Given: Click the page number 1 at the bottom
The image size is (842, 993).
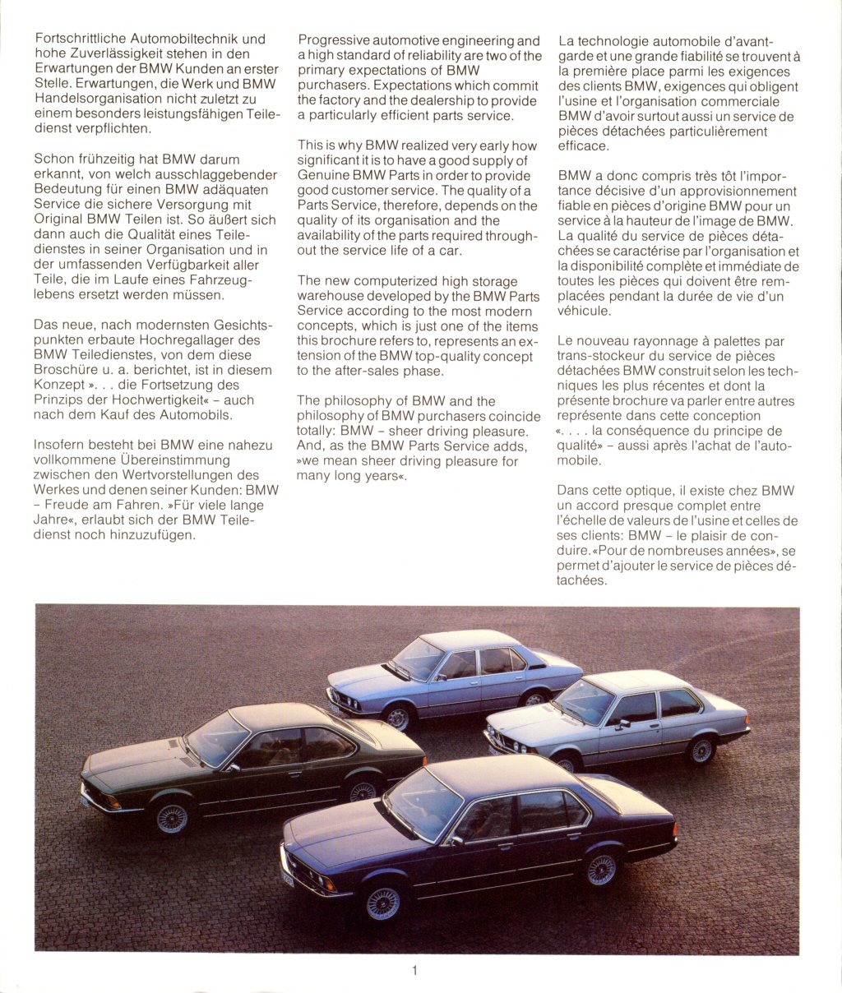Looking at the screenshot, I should click(414, 971).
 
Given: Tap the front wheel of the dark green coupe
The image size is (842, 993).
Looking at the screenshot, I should click(172, 818).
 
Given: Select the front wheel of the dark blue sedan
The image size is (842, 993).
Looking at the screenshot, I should click(383, 903).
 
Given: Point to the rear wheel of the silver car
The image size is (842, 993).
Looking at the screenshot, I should click(701, 750).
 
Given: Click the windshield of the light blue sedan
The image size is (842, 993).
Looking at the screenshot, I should click(419, 658).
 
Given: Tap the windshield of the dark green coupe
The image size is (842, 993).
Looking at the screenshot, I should click(216, 737).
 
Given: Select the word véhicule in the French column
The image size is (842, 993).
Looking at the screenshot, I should click(584, 312).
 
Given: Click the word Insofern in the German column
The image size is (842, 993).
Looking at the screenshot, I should click(60, 445).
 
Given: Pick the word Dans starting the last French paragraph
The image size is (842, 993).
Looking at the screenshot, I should click(573, 491).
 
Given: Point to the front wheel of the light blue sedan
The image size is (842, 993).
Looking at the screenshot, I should click(398, 718).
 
